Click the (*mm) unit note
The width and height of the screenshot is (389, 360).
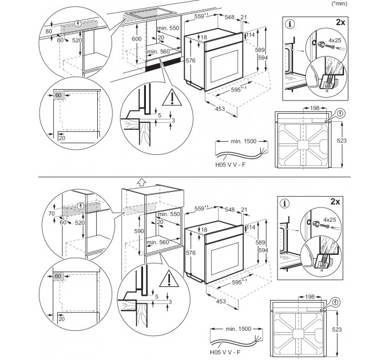pyautogui.click(x=340, y=3)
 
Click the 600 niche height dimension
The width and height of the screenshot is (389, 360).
pyautogui.click(x=137, y=39)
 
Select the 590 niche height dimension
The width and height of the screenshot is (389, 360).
pyautogui.click(x=139, y=231)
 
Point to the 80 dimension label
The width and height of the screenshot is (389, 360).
pyautogui.click(x=49, y=31)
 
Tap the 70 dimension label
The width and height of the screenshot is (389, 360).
pyautogui.click(x=51, y=213)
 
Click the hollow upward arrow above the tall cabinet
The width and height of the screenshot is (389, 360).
pyautogui.click(x=141, y=182)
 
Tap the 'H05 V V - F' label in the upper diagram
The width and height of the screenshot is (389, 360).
pyautogui.click(x=231, y=165)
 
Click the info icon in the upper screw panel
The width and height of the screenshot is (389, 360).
pyautogui.click(x=290, y=24)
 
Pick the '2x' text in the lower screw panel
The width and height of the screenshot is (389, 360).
pyautogui.click(x=335, y=202)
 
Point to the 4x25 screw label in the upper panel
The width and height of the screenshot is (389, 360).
pyautogui.click(x=335, y=40)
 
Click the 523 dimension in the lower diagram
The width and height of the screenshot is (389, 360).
pyautogui.click(x=336, y=330)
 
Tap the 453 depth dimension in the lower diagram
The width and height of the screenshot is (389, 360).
pyautogui.click(x=221, y=301)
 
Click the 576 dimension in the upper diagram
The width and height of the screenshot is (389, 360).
pyautogui.click(x=190, y=61)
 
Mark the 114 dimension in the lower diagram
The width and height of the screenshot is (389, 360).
pyautogui.click(x=251, y=227)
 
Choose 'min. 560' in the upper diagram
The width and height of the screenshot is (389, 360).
pyautogui.click(x=158, y=51)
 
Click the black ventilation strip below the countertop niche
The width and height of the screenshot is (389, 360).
pyautogui.click(x=164, y=65)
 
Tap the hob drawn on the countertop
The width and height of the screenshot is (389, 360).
pyautogui.click(x=150, y=13)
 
